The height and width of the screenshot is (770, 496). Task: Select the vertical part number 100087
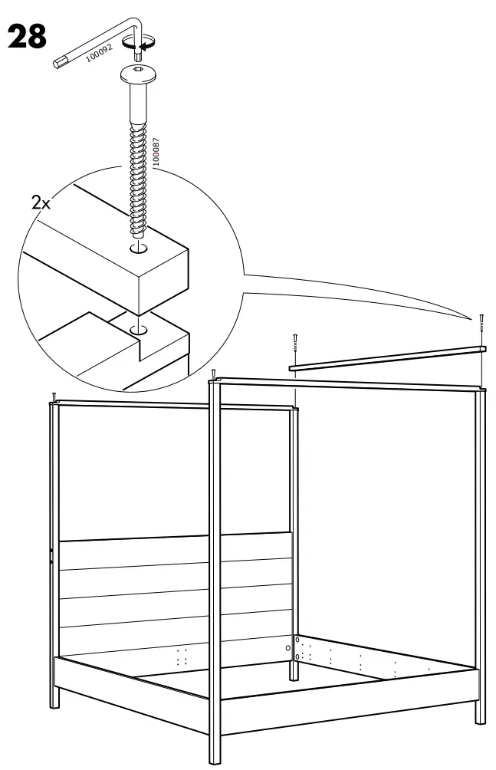tap(156, 153)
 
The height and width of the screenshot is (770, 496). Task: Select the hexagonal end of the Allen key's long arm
tap(57, 63)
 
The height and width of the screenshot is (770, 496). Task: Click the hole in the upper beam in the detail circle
tap(138, 248)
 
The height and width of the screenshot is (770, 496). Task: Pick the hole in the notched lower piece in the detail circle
tap(139, 330)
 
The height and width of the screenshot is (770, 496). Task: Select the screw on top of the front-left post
tap(214, 374)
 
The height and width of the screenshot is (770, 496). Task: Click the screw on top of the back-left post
tap(54, 396)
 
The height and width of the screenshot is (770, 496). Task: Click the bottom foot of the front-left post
tap(215, 755)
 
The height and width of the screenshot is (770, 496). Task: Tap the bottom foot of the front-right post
tap(480, 717)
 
